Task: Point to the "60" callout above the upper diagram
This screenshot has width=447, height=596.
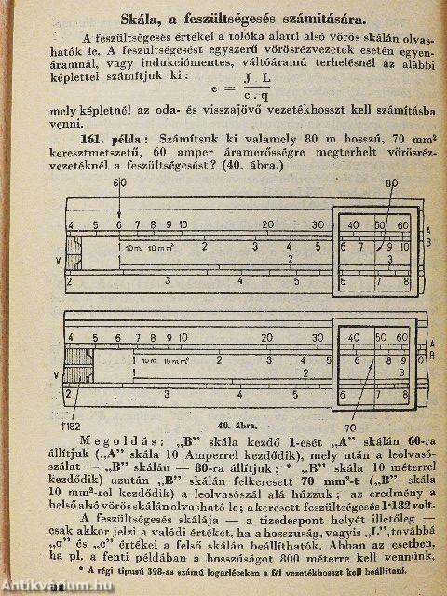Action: pos(119,183)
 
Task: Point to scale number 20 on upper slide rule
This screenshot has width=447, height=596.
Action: pos(266,224)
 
